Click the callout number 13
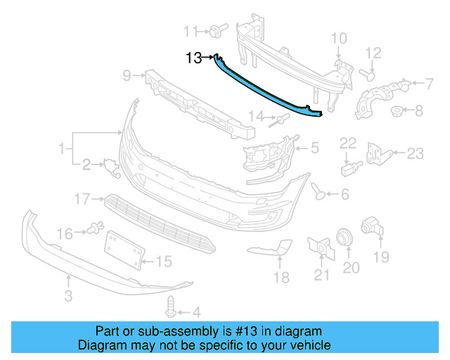194,58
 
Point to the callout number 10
339,38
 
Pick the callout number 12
373,53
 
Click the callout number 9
127,75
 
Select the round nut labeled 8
397,110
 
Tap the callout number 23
416,153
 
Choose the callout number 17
84,199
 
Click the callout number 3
68,297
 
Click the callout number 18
281,278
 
